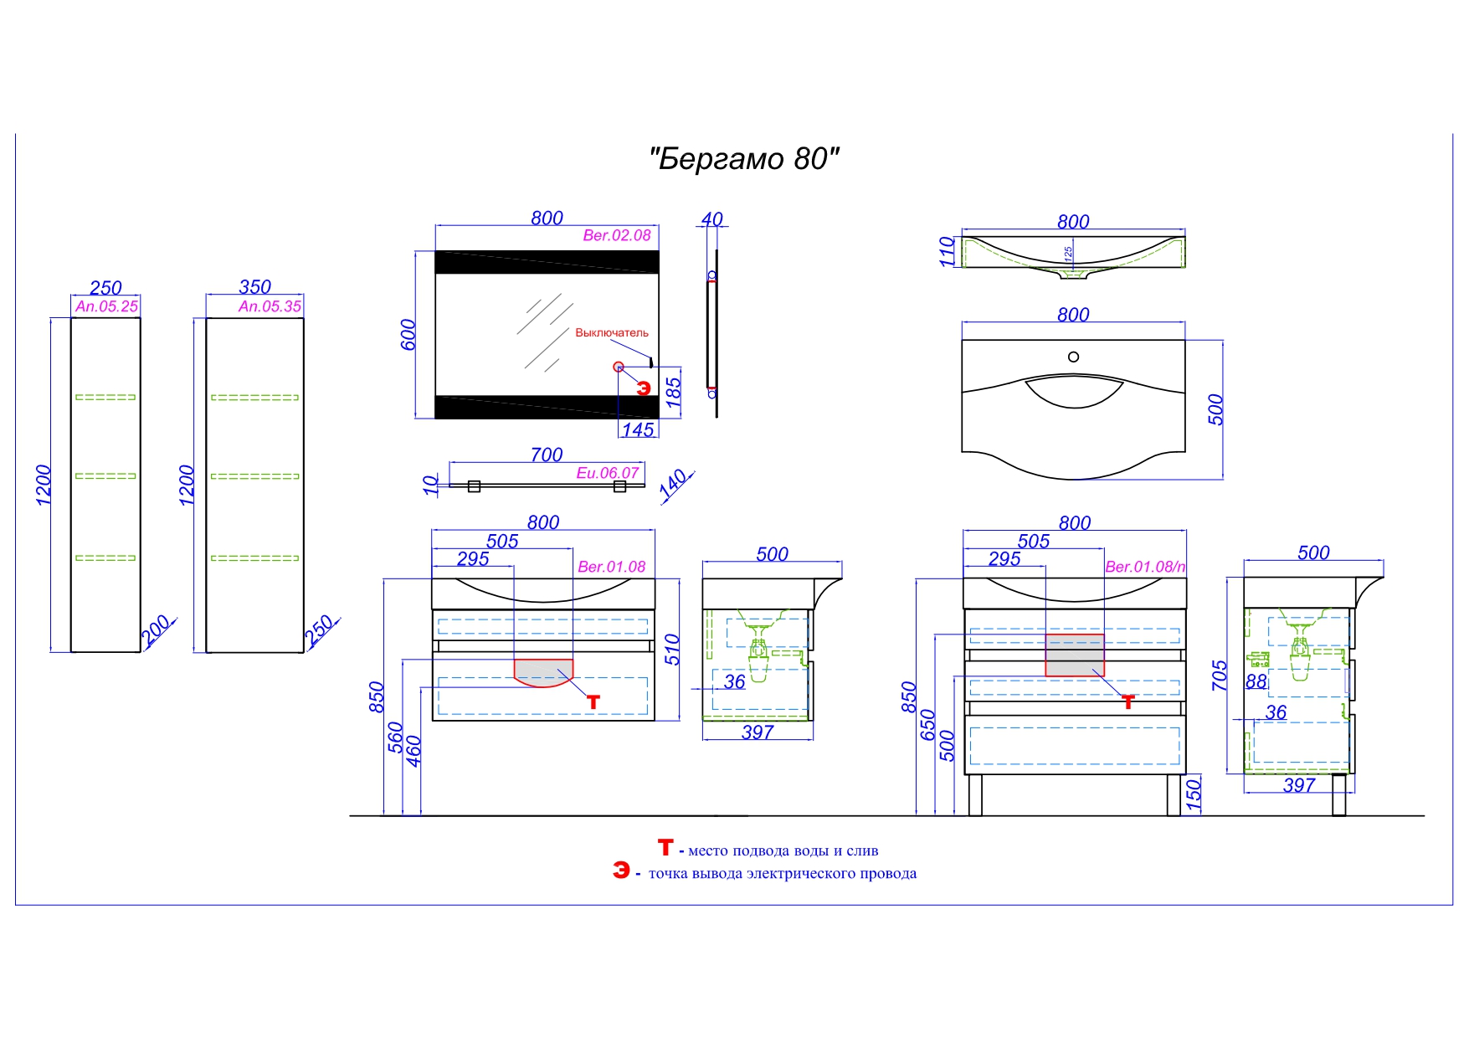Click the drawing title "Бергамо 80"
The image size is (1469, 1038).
744,159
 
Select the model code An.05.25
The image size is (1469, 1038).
106,306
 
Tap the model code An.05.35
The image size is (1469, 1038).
270,306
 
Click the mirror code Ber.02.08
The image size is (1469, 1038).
617,235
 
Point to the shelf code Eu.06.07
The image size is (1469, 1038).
608,473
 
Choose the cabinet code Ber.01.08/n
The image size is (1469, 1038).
1145,567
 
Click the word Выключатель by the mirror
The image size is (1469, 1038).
612,332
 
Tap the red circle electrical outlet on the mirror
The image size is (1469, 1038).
619,367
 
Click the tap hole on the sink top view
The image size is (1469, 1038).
1073,357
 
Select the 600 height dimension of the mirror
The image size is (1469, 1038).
408,334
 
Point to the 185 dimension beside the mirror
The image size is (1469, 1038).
673,393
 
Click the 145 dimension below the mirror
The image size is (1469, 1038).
638,429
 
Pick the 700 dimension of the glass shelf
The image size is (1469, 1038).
547,455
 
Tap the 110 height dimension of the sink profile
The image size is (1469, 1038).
947,251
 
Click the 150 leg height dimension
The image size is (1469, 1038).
1194,793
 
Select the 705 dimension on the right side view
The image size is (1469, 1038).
1220,676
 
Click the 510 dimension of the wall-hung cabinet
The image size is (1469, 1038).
672,650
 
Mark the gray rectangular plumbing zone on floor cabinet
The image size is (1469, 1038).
1075,655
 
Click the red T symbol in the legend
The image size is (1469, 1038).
665,848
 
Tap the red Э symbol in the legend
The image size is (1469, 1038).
621,871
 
